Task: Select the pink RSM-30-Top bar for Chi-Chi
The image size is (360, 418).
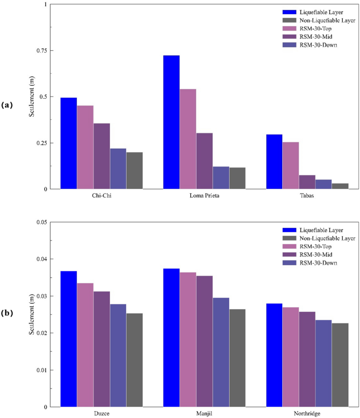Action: tap(85, 147)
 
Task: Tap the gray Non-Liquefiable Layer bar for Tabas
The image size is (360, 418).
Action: tap(340, 186)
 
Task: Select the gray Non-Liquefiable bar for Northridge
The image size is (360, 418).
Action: tap(340, 365)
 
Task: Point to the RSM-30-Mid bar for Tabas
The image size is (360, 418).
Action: tap(307, 182)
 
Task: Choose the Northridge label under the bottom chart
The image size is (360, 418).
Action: tap(307, 413)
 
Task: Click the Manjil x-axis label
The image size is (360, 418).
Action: tap(204, 413)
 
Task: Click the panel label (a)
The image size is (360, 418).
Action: tap(7, 105)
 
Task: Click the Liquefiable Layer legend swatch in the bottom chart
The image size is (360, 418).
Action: tap(290, 229)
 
